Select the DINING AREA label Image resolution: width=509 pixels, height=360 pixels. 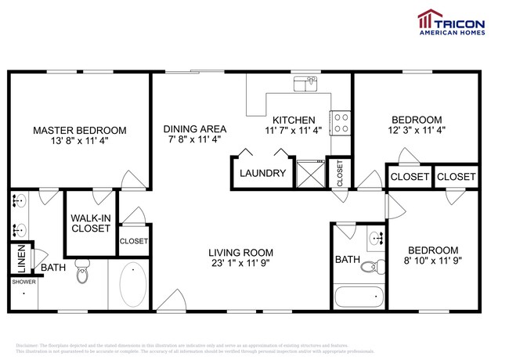point(195,129)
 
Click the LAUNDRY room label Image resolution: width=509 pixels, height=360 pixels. point(262,173)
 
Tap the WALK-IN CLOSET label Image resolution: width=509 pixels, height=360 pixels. point(91,223)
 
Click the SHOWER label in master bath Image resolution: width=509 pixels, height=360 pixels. point(23,283)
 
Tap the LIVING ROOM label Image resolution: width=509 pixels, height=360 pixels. point(240,252)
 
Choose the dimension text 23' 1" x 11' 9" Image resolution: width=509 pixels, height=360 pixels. point(240,265)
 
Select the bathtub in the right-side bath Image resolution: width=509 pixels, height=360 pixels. point(359,297)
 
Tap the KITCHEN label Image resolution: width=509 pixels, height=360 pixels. point(294,120)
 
